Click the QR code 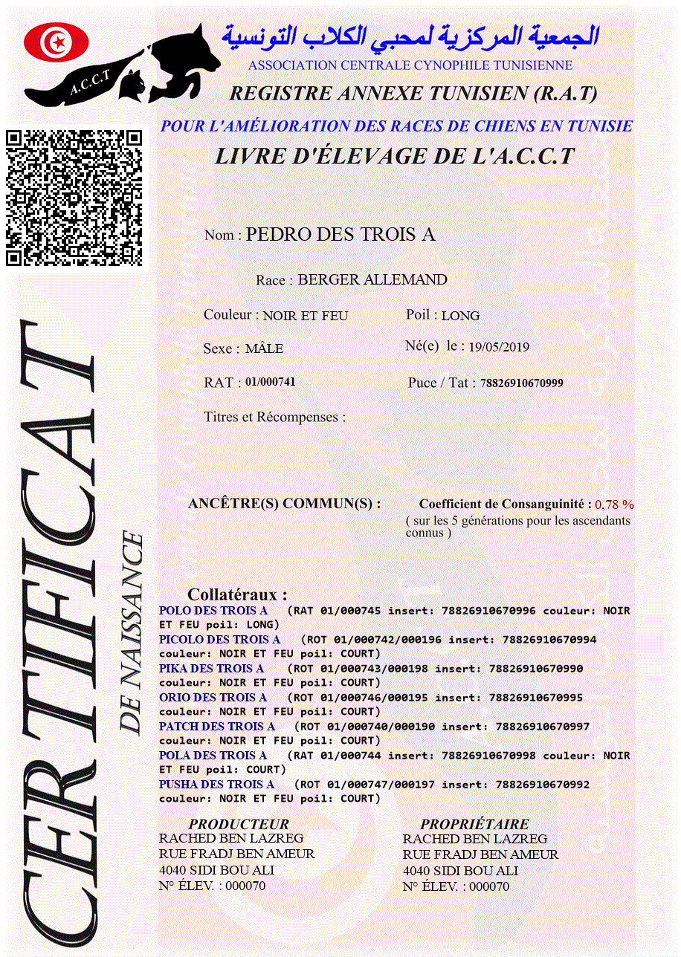coord(74,198)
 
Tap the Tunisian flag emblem coord(57,42)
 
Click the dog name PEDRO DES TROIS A coord(340,235)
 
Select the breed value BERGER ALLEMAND coord(372,280)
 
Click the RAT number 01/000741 coord(270,382)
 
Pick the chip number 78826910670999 coord(522,383)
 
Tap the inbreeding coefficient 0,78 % coord(614,505)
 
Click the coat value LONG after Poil coord(460,316)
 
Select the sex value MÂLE coord(264,348)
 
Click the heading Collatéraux coord(237,594)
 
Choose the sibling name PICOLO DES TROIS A coord(219,640)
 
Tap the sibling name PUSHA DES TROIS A coord(216,785)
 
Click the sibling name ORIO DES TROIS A coord(213,698)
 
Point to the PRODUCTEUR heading coord(239,824)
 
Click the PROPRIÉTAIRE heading coord(474,824)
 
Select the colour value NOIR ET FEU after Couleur coord(306,316)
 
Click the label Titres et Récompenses coord(274,417)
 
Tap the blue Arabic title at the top coord(410,36)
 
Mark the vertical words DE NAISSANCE coord(132,632)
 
